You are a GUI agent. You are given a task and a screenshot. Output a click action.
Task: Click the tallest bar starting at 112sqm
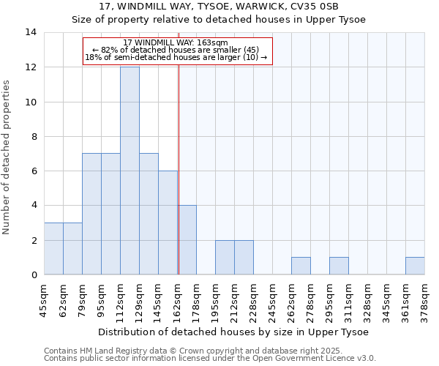[x=130, y=171]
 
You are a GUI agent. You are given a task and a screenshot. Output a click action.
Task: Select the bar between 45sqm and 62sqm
[x=53, y=249]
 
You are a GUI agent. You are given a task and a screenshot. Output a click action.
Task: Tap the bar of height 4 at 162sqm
[x=187, y=240]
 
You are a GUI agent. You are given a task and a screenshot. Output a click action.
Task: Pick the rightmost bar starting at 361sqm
[x=415, y=266]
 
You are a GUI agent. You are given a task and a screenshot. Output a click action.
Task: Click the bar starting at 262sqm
[x=301, y=266]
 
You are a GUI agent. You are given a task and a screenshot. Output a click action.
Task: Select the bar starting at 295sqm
[x=339, y=266]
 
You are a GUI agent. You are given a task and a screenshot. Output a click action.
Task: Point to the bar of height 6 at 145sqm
[x=168, y=223]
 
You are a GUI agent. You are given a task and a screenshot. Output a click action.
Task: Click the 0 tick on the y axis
[x=34, y=275]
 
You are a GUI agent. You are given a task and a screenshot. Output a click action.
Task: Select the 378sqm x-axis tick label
[x=425, y=299]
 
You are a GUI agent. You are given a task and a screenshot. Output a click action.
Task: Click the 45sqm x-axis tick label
[x=45, y=299]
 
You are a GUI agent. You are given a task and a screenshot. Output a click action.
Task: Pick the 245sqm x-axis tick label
[x=273, y=299]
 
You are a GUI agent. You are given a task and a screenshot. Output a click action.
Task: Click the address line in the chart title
[x=218, y=6]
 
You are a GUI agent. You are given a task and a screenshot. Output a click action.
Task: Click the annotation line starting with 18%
[x=176, y=57]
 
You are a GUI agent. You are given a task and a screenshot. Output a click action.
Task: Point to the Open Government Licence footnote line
[x=210, y=359]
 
